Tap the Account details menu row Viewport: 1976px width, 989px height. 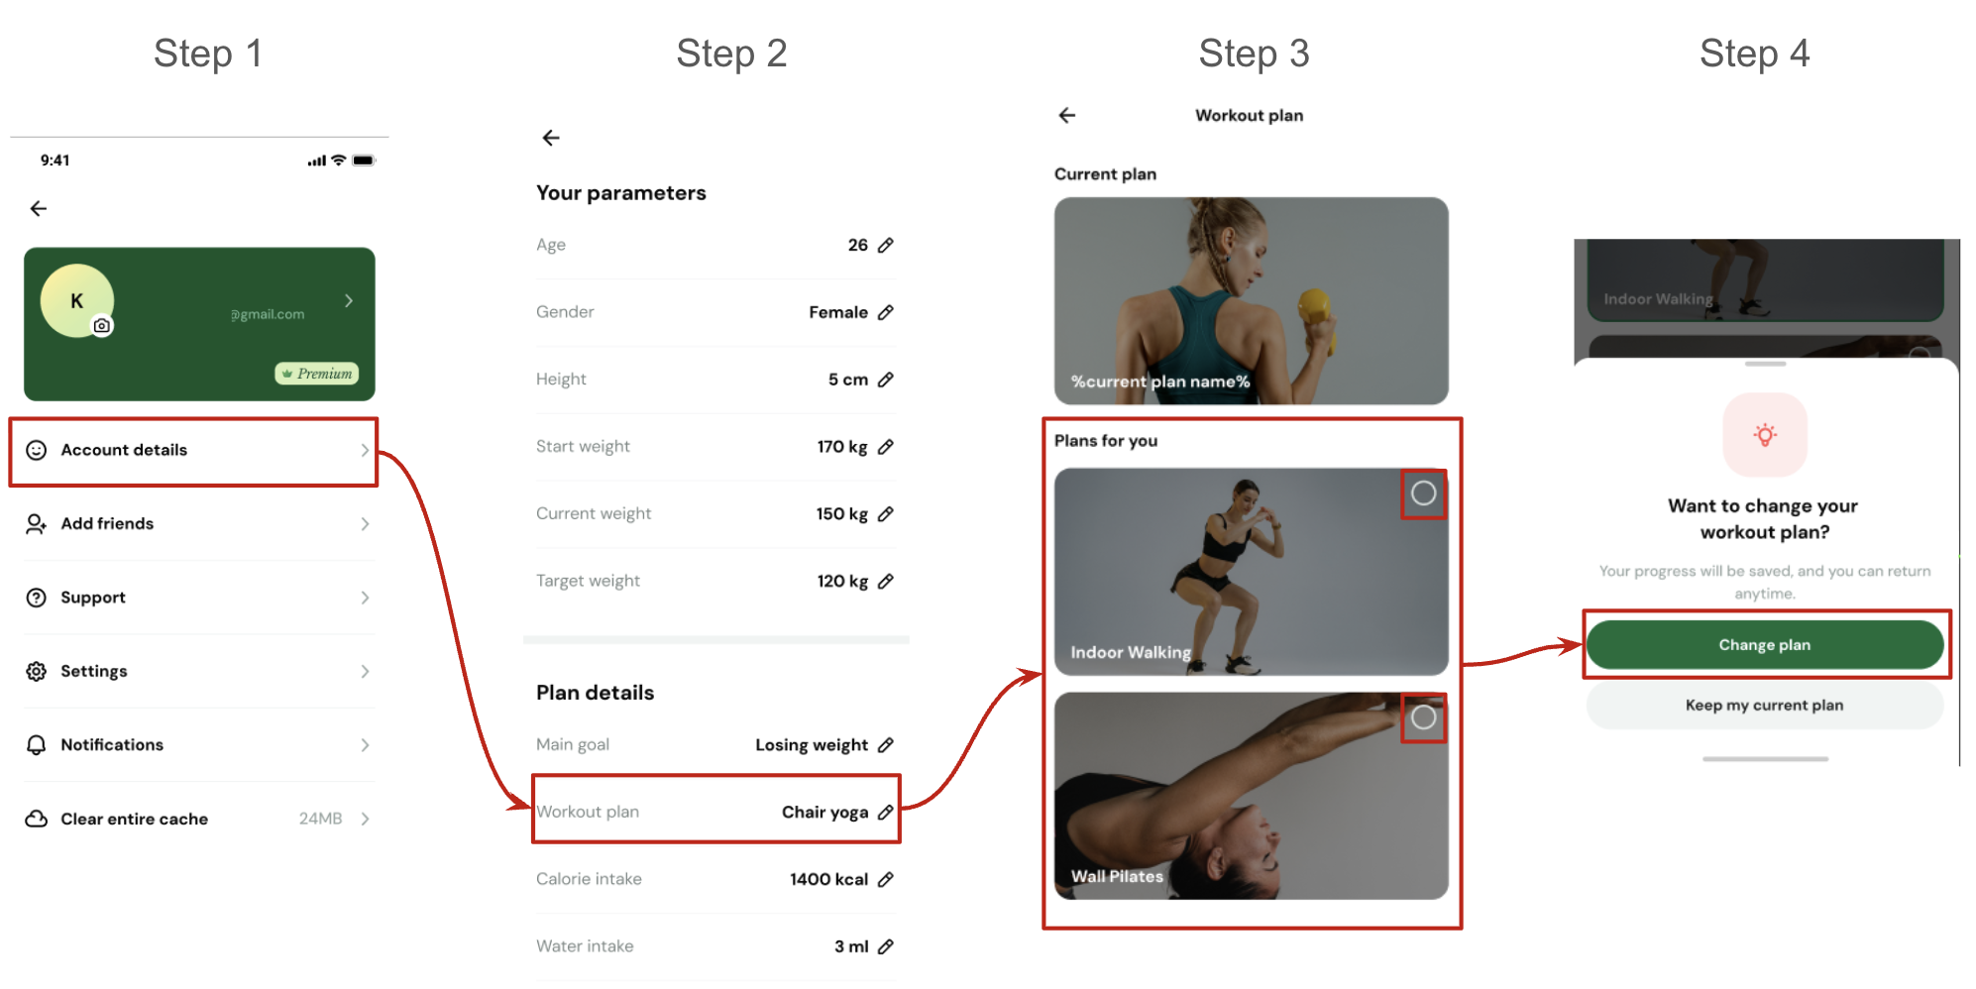(x=193, y=451)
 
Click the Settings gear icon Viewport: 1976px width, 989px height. (x=37, y=672)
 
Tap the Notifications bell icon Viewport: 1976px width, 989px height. (x=37, y=745)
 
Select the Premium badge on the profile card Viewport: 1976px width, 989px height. (x=317, y=374)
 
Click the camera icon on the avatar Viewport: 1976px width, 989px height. (x=102, y=326)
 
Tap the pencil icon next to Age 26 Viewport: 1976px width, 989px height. (x=886, y=245)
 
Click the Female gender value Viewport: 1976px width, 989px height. (x=838, y=312)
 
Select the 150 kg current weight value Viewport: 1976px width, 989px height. (x=842, y=514)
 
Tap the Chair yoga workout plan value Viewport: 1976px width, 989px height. (x=824, y=813)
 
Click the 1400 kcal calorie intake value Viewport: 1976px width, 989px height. (x=828, y=880)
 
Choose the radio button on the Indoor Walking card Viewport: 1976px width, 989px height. (x=1424, y=494)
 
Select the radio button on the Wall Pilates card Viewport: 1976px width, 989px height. (x=1424, y=717)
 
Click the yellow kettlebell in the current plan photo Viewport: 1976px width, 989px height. (x=1315, y=314)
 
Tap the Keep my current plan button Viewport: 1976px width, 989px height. (x=1765, y=706)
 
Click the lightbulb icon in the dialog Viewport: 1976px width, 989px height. (x=1765, y=435)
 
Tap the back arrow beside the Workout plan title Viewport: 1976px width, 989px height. (x=1067, y=116)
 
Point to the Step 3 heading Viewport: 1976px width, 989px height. (x=1254, y=54)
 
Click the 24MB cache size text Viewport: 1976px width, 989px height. (x=320, y=820)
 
